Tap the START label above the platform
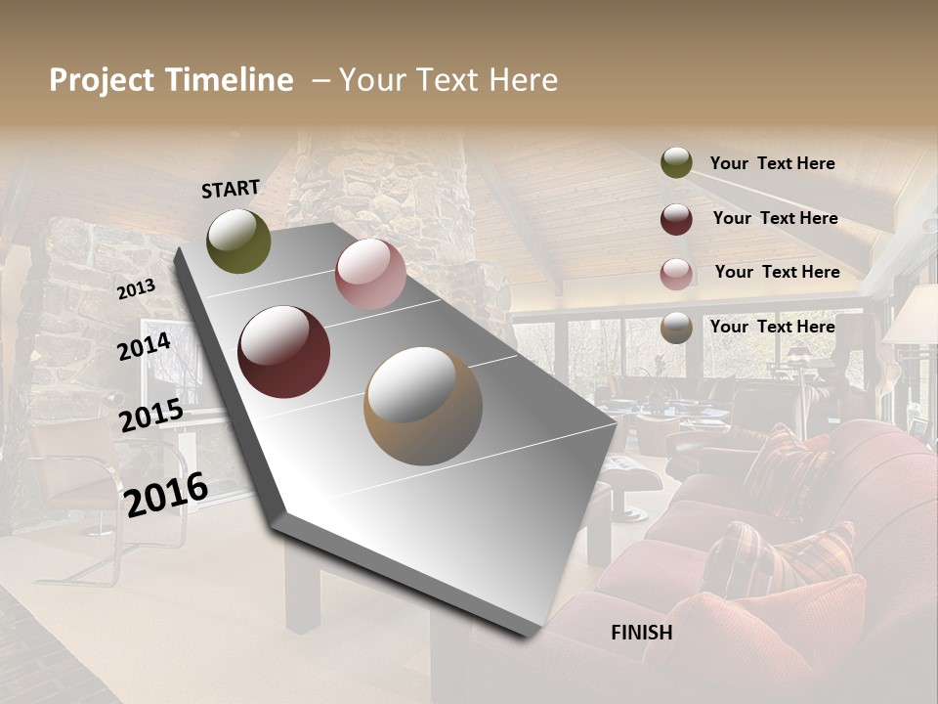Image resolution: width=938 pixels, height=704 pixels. (x=231, y=189)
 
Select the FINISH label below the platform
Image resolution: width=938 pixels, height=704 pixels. (x=641, y=633)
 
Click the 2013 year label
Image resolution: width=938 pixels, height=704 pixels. (x=136, y=289)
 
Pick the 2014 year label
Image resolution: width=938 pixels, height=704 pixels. (x=144, y=346)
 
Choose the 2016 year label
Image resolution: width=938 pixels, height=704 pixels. (x=166, y=494)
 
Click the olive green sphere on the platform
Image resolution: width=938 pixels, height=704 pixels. (x=238, y=241)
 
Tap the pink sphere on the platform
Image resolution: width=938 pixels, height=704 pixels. (x=370, y=273)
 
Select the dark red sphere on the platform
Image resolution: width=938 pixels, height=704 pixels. (x=284, y=352)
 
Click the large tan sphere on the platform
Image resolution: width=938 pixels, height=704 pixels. (x=423, y=405)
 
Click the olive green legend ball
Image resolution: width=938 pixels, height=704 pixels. (x=676, y=162)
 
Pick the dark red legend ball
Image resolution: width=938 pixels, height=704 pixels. (x=676, y=219)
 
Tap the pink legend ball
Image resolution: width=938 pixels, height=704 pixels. (x=676, y=274)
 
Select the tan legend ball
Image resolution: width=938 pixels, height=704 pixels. (x=676, y=328)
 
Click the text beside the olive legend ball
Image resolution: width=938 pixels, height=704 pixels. (x=772, y=163)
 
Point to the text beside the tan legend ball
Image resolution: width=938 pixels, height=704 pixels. (x=772, y=327)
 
